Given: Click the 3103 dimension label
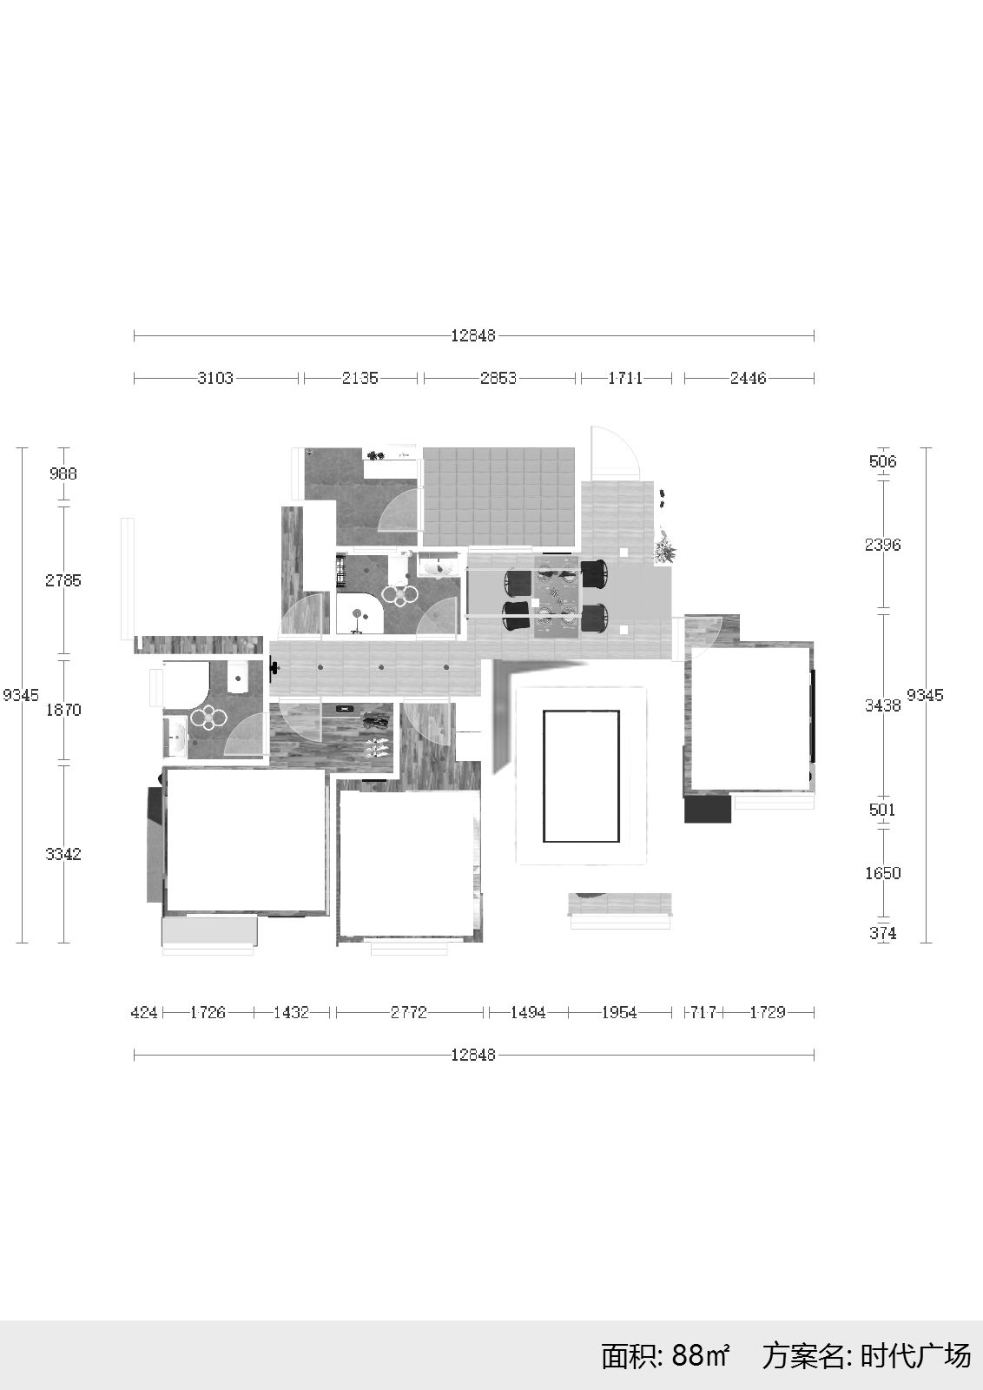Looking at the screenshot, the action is coord(215,378).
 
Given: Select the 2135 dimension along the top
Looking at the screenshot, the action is coord(360,378).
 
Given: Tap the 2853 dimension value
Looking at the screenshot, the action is coord(498,378).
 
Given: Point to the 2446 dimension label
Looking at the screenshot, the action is coord(748,378).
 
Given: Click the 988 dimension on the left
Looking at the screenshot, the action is coord(63,473).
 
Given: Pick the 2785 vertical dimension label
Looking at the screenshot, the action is coord(63,580).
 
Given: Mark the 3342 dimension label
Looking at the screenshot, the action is coord(63,854).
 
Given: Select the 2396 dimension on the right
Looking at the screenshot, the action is coord(882,544).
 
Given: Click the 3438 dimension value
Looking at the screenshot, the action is coord(882,705).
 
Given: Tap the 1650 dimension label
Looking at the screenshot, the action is coord(882,873).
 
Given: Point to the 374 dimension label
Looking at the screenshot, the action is coord(882,933).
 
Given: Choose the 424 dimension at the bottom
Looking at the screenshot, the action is coord(144,1013).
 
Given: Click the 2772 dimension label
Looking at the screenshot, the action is coord(409,1013).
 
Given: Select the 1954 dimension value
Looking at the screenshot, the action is coord(619,1013).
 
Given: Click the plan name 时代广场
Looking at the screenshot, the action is coord(915,1356).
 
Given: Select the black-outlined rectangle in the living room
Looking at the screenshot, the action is coord(582,777).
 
